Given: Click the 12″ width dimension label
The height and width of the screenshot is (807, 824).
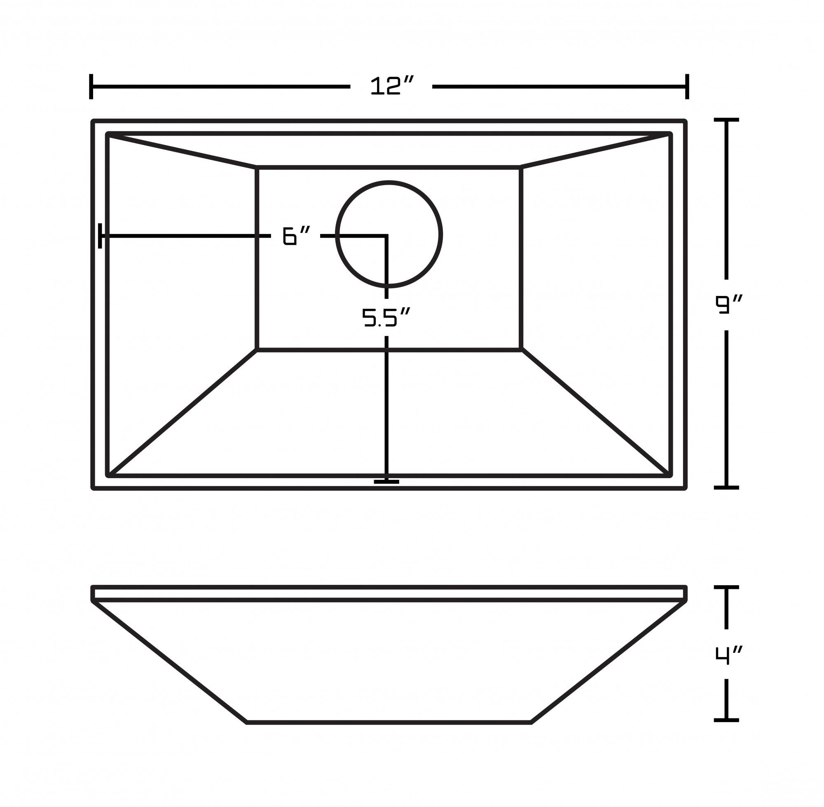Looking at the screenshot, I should (x=391, y=86).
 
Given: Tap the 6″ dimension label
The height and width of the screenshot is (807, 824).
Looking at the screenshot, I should (x=296, y=236).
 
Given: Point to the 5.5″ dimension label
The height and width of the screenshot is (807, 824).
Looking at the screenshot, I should (x=386, y=317).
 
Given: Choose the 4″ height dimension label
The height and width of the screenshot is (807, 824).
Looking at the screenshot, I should (x=728, y=655).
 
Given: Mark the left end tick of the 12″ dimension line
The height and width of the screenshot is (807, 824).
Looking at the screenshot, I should (x=91, y=87).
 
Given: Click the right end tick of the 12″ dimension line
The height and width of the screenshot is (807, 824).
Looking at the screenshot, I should (x=687, y=87).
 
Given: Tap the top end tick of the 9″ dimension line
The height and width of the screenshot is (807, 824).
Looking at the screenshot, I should (x=726, y=120).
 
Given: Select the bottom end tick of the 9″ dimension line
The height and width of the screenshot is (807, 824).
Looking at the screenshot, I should (x=726, y=488).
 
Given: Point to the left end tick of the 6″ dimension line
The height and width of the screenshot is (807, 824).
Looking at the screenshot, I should (x=100, y=236).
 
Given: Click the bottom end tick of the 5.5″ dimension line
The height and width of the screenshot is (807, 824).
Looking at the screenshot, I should (x=386, y=481).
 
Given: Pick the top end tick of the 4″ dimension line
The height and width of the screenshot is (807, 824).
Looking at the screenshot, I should (x=726, y=587).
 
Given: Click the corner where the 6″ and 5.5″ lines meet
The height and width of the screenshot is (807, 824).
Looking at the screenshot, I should (x=386, y=236).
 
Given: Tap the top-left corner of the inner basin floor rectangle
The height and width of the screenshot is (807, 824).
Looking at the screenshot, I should (x=257, y=168).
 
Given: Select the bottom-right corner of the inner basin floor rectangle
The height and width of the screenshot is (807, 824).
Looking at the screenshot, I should (x=521, y=350).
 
